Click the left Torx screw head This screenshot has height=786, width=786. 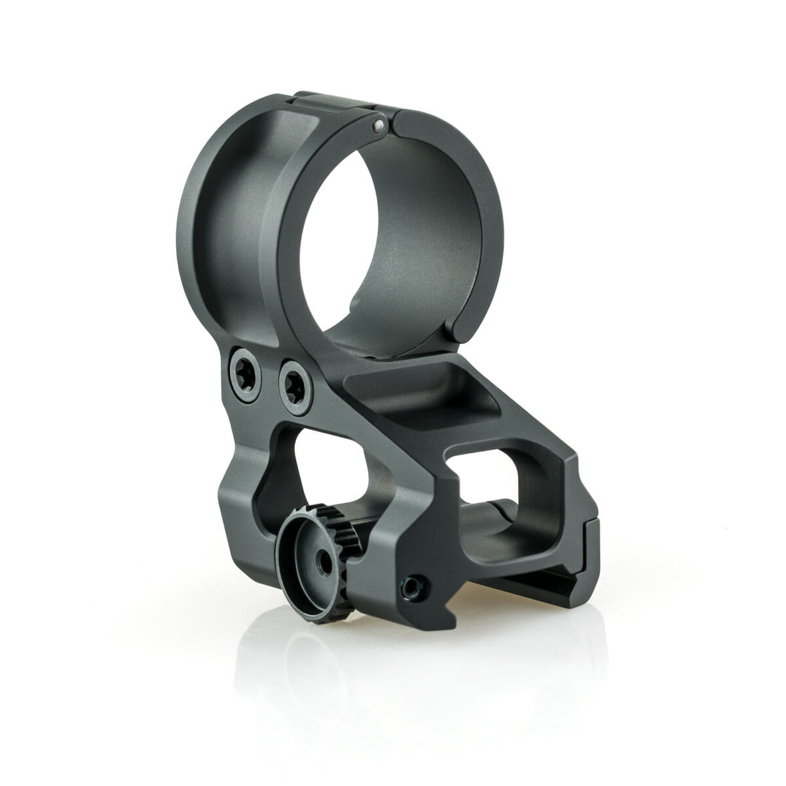pos(240,364)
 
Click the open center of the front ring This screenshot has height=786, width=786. pos(393,242)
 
